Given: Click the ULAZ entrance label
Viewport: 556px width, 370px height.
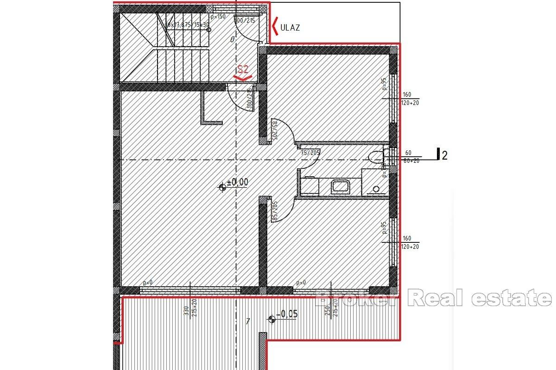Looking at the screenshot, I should [291, 27].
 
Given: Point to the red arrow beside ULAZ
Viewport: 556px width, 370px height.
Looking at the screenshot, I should [275, 27].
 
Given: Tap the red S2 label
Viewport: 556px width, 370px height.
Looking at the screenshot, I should [243, 70].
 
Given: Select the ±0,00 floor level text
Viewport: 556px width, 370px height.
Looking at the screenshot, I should [237, 182].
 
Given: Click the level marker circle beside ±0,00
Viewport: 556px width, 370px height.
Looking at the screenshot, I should [223, 187].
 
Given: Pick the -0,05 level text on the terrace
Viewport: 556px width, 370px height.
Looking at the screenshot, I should [287, 314].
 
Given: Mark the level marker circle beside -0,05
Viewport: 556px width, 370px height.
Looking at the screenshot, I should [272, 318].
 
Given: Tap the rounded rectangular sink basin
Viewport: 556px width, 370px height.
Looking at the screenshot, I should [341, 187].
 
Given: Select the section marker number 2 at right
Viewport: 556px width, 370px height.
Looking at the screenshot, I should [445, 155].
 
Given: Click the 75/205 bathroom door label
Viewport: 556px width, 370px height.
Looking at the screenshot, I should [310, 152].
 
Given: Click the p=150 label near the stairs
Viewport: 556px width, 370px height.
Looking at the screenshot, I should [218, 16].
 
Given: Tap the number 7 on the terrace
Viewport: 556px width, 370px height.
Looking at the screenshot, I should [248, 321].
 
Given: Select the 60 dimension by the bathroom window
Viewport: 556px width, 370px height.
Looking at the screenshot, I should [408, 153].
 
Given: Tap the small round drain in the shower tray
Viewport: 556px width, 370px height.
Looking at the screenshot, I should [376, 189].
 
